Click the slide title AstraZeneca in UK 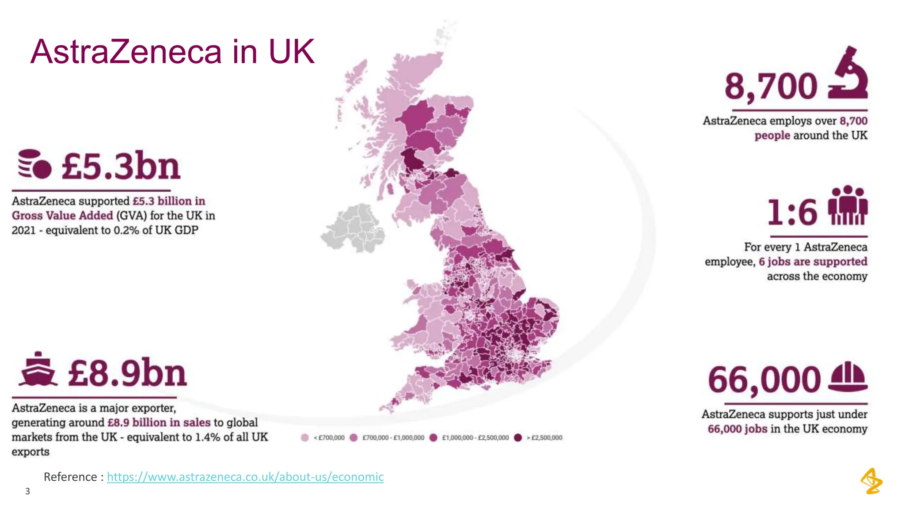coord(172,52)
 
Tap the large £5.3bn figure coord(121,166)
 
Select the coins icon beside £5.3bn coord(34,164)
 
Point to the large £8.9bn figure coord(127,373)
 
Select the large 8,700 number coord(771,86)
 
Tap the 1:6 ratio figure coord(792,213)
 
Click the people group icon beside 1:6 coord(848,205)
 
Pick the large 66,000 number coord(764,380)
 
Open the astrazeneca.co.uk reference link coord(245,477)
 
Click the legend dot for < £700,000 coord(304,437)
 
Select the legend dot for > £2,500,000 coord(518,437)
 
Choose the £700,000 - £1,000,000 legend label coord(393,438)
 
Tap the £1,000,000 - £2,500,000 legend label coord(475,438)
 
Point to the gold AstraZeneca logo coord(871,481)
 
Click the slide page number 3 coord(27,491)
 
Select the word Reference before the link coord(70,477)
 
